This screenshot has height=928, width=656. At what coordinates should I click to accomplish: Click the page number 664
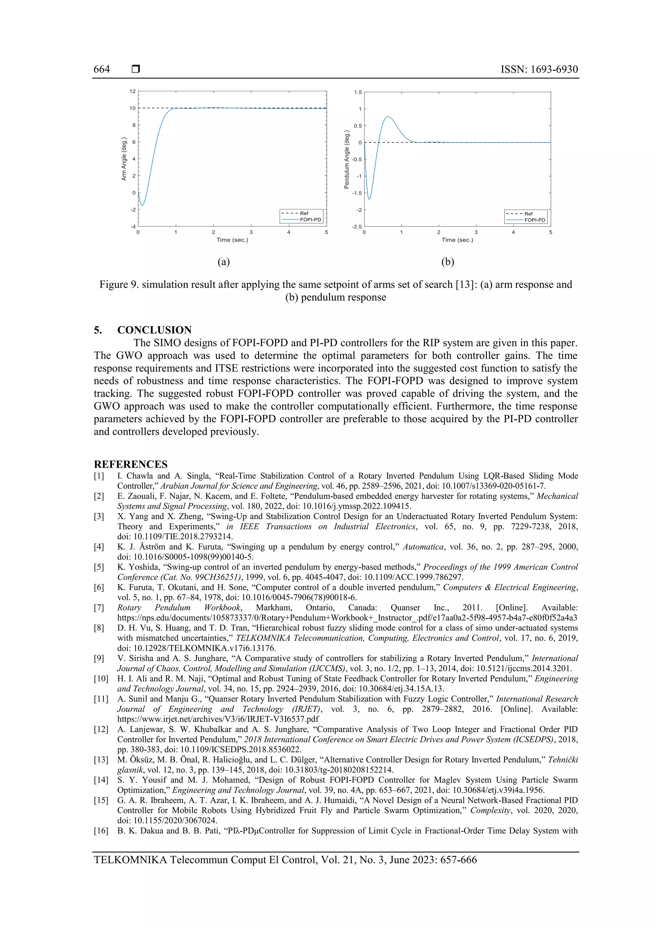pyautogui.click(x=102, y=69)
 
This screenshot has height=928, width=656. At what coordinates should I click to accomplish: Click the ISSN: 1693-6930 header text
pyautogui.click(x=539, y=69)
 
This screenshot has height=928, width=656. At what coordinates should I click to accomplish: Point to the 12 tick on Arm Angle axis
pyautogui.click(x=133, y=91)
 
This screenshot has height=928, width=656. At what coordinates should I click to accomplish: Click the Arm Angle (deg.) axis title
pyautogui.click(x=124, y=159)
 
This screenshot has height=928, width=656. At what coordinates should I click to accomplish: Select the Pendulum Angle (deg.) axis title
pyautogui.click(x=346, y=159)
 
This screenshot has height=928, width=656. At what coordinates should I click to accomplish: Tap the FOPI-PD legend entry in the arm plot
pyautogui.click(x=310, y=219)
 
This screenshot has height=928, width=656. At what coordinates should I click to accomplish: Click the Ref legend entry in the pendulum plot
pyautogui.click(x=528, y=213)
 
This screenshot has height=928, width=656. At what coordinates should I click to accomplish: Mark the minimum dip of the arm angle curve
pyautogui.click(x=142, y=205)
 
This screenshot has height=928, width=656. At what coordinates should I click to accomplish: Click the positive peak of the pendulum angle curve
pyautogui.click(x=388, y=117)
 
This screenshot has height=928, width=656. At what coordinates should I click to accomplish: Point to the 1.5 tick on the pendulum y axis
pyautogui.click(x=358, y=92)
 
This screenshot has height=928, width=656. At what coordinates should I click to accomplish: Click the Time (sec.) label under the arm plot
pyautogui.click(x=232, y=240)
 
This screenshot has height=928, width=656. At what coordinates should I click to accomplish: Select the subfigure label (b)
pyautogui.click(x=447, y=262)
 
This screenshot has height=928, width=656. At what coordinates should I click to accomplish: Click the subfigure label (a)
pyautogui.click(x=224, y=262)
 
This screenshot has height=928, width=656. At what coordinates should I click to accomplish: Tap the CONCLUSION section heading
pyautogui.click(x=154, y=330)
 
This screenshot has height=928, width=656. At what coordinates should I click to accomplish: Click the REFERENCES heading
pyautogui.click(x=131, y=464)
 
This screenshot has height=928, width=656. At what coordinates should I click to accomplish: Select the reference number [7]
pyautogui.click(x=99, y=607)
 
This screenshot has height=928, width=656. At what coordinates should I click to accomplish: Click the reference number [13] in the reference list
pyautogui.click(x=101, y=760)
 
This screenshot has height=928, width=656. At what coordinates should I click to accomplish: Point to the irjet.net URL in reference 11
pyautogui.click(x=218, y=719)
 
